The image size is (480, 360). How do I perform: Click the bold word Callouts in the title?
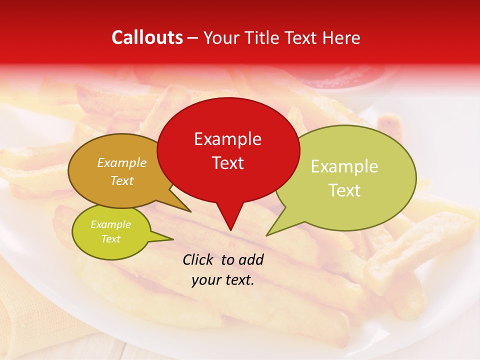[x=147, y=37]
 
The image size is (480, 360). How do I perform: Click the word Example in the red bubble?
[x=227, y=139]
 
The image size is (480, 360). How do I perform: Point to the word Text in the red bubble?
[x=227, y=162]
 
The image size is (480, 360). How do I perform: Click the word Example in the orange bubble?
[x=122, y=163]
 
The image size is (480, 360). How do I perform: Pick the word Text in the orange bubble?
[x=122, y=180]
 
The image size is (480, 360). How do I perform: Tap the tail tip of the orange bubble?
[x=190, y=211]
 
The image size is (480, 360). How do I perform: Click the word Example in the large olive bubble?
[x=344, y=166]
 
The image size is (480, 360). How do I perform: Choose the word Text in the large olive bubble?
[x=344, y=190]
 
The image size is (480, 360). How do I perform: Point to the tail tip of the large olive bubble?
[x=267, y=235]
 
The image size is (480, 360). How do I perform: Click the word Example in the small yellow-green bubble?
[x=110, y=224]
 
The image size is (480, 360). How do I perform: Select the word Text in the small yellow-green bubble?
[x=110, y=239]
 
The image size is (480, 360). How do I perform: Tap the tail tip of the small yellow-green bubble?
[x=173, y=239]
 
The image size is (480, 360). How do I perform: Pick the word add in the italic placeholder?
[x=251, y=259]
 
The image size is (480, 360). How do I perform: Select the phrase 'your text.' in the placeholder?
[x=223, y=280]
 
